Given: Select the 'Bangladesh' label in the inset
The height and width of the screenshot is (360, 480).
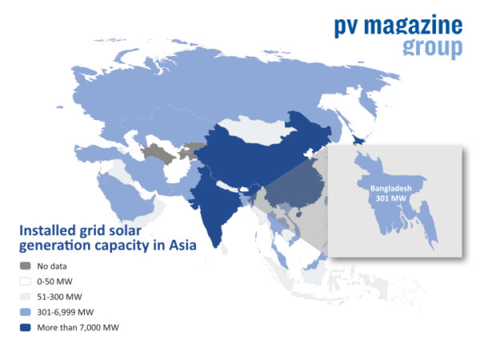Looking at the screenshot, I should tap(390, 187).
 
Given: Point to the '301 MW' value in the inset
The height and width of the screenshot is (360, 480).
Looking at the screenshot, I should tap(390, 198).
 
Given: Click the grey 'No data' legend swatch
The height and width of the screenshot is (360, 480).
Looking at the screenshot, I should tap(26, 266).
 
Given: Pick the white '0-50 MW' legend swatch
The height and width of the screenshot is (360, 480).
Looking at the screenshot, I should tap(26, 281).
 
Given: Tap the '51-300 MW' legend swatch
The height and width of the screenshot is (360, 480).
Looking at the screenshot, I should tap(26, 296).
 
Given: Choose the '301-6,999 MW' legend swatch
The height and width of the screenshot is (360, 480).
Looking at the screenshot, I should tap(26, 311).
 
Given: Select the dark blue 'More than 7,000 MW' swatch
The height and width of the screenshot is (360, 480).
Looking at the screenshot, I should tap(26, 326).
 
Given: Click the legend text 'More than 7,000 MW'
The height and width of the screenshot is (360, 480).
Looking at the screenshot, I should tap(77, 326).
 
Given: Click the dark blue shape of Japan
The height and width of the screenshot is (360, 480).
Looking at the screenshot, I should tap(359, 140).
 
